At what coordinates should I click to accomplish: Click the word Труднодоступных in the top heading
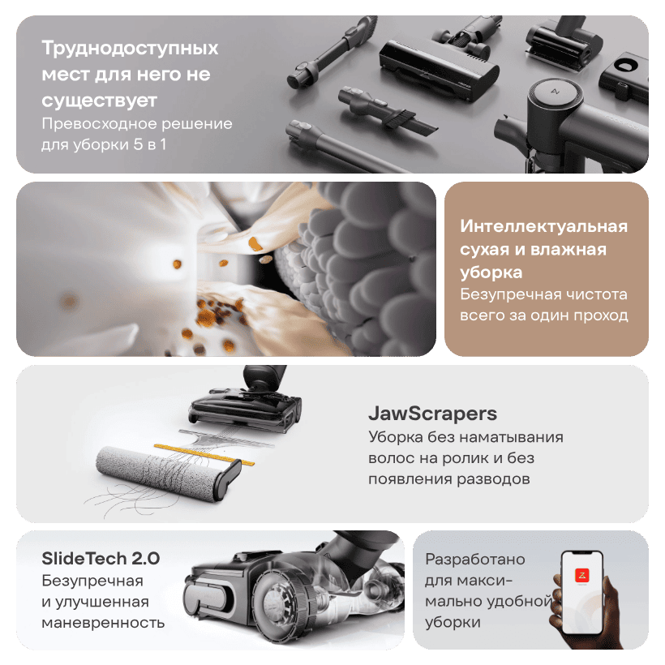coord(130,48)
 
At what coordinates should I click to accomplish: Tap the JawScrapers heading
coord(432,414)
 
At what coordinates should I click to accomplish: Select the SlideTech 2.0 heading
coord(101,559)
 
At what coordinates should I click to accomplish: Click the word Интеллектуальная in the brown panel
coord(543,226)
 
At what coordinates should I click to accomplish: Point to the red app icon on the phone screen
coord(582,575)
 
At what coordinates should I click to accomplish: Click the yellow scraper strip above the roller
coord(204,454)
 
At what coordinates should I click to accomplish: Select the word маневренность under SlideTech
coord(103,623)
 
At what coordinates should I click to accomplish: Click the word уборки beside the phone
coord(453,623)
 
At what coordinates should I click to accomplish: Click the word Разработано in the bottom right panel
coord(475,560)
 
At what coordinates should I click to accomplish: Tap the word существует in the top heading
coord(99,101)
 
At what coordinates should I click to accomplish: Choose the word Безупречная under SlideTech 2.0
coord(92,581)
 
